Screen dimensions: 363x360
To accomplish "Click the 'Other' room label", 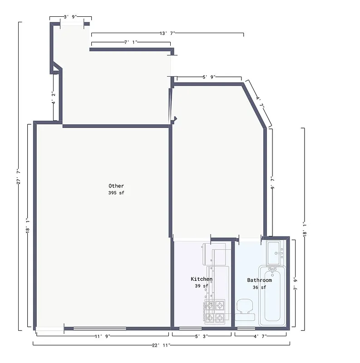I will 116,186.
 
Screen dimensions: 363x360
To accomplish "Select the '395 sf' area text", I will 116,193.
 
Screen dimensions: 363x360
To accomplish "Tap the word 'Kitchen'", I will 201,279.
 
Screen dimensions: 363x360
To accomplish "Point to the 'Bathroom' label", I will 259,280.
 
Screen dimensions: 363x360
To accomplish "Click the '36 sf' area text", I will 259,287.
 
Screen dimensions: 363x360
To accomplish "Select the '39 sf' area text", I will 201,286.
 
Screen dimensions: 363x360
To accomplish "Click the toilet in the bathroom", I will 245,309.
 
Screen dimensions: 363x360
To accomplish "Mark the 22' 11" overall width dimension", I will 161,345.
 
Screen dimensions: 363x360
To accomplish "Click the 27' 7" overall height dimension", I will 19,176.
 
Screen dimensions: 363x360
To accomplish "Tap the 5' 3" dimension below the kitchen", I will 202,336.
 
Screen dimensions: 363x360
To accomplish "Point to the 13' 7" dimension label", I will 167,33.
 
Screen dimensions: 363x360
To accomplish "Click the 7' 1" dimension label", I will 131,42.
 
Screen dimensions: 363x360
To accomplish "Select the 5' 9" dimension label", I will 209,77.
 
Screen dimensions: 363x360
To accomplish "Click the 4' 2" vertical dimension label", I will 53,98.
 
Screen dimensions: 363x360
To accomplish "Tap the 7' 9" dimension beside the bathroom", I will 295,284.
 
